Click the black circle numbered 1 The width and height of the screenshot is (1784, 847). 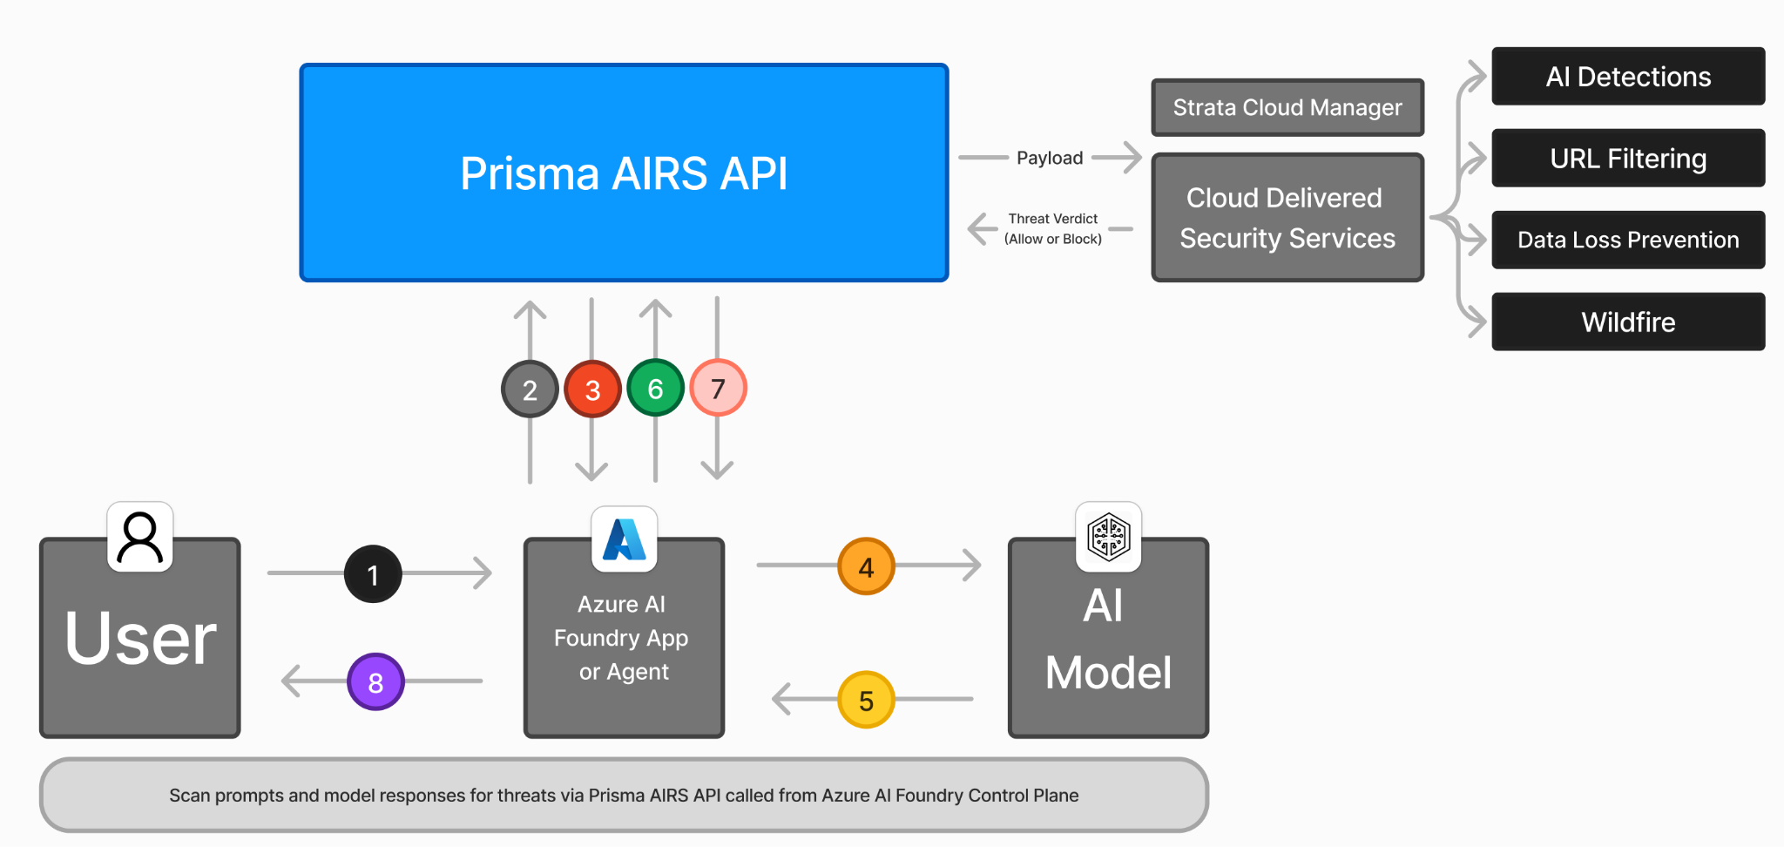[x=373, y=574]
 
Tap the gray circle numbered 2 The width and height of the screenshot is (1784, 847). [x=530, y=389]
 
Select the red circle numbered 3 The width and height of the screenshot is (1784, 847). [x=592, y=389]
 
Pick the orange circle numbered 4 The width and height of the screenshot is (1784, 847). [x=866, y=566]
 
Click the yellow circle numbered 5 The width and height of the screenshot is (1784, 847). [x=866, y=700]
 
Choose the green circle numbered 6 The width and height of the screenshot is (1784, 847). [x=655, y=388]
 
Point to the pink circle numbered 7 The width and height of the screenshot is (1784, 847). [x=718, y=388]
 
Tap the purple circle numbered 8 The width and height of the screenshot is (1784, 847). [x=375, y=681]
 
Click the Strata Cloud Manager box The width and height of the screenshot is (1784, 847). [x=1287, y=107]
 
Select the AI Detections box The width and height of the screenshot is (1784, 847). [x=1628, y=77]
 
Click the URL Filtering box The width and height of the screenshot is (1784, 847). [x=1628, y=159]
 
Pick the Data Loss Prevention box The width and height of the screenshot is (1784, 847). [x=1628, y=240]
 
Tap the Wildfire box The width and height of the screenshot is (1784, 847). [x=1628, y=322]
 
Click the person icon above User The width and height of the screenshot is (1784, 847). [x=140, y=537]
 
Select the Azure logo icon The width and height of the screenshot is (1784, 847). [x=624, y=539]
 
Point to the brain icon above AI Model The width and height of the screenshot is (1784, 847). [x=1108, y=536]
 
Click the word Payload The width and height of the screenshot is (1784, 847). [x=1050, y=158]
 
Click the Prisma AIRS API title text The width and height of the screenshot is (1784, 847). [x=624, y=173]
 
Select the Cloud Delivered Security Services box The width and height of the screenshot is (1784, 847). [x=1287, y=218]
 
